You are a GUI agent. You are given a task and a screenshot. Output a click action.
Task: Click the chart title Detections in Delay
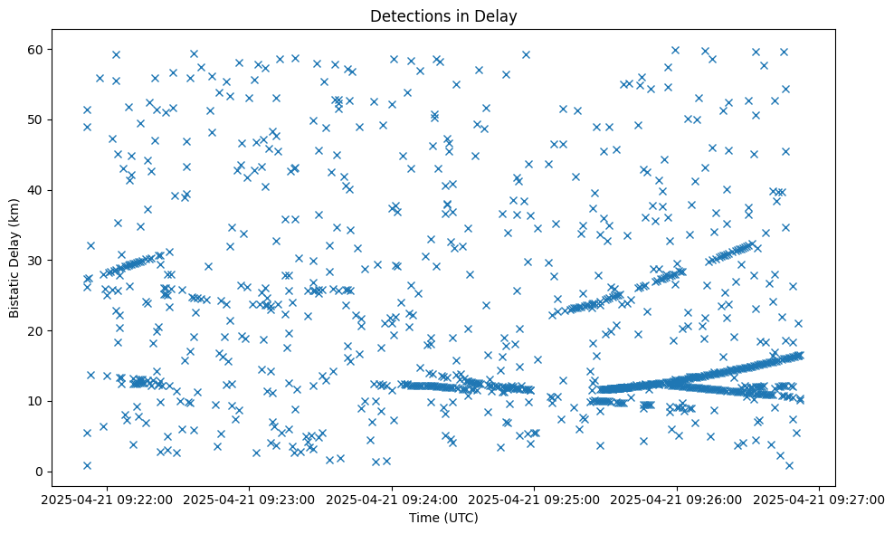443,16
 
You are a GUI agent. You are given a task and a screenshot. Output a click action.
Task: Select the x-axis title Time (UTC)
443,518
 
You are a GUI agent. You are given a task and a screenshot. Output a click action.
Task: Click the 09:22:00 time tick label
108,499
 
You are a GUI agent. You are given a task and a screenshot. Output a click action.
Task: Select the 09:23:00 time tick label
250,499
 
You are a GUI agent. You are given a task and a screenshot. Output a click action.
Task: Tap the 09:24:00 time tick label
393,499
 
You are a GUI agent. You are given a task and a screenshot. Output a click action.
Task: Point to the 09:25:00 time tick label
535,499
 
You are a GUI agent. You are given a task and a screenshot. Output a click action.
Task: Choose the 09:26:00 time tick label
678,499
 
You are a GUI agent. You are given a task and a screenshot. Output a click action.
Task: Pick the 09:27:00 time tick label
820,499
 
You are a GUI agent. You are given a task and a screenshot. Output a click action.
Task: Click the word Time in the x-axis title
423,518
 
